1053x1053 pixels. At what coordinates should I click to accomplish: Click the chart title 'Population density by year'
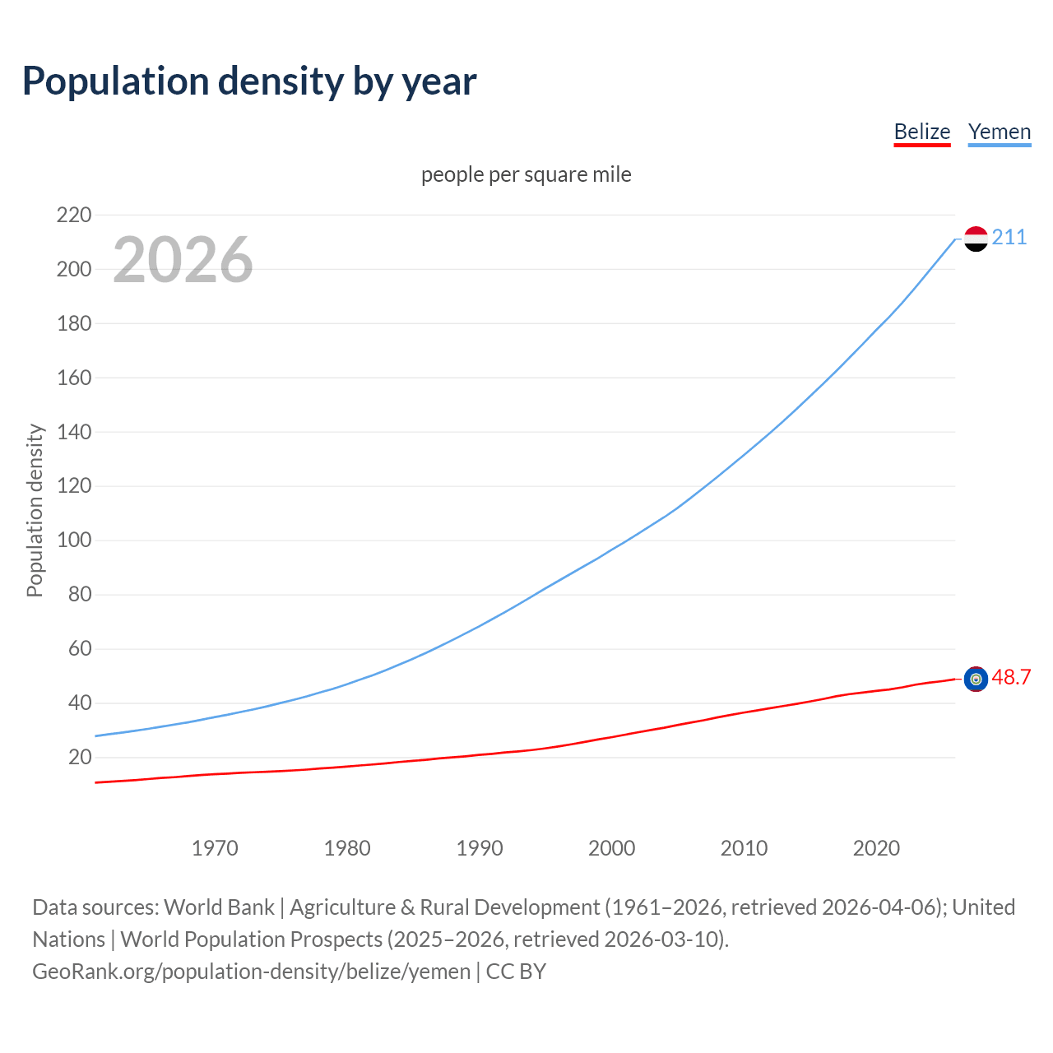coord(249,81)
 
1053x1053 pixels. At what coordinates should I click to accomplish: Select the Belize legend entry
coord(921,132)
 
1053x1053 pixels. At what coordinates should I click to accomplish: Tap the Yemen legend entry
coord(999,132)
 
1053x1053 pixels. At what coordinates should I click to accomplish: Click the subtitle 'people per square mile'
coord(526,174)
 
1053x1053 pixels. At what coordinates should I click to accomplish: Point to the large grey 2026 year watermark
coord(183,260)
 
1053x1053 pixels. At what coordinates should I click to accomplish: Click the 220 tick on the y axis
coord(74,215)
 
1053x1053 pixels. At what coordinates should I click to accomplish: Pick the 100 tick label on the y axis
coord(74,540)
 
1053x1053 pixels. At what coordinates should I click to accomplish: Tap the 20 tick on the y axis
coord(80,757)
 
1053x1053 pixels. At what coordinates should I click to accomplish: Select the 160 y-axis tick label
coord(74,378)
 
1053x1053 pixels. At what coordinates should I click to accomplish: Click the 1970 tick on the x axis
coord(215,848)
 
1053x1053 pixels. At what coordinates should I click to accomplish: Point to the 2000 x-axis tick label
coord(611,848)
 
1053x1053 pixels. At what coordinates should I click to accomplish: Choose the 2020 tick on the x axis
coord(876,848)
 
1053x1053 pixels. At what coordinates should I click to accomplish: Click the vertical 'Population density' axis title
coord(35,510)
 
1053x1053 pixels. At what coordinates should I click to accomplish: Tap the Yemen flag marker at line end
coord(976,239)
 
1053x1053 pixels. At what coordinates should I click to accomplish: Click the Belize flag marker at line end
coord(976,679)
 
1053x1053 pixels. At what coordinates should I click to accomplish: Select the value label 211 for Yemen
coord(1009,238)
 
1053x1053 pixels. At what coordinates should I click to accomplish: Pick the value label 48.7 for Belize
coord(1011,677)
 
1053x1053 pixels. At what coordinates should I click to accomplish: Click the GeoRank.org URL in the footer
coord(251,972)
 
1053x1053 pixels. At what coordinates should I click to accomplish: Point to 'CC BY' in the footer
coord(516,972)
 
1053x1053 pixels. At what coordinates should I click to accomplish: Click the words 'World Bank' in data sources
coord(219,907)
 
